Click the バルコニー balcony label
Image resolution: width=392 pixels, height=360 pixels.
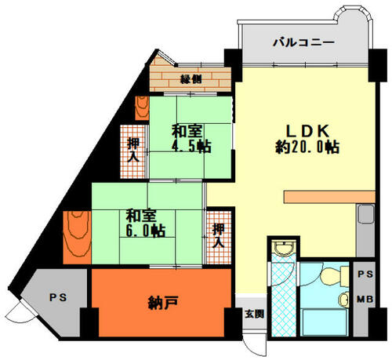303,42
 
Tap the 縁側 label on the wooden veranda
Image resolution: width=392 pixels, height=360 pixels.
191,78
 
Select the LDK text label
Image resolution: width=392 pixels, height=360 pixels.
307,131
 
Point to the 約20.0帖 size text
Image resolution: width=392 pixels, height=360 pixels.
307,147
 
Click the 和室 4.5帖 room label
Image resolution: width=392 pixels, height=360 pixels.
191,139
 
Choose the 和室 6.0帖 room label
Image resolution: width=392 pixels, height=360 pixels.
145,223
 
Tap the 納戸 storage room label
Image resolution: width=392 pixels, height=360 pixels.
163,303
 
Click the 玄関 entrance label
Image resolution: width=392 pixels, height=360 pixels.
254,314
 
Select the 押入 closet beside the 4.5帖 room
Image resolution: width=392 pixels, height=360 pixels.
133,151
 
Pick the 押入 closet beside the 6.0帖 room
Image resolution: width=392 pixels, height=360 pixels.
219,236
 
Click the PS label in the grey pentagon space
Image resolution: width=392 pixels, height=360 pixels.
58,297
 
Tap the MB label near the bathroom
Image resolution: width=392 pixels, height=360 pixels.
365,299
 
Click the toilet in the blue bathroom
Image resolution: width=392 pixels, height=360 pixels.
334,277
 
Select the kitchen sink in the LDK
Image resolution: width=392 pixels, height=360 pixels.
366,214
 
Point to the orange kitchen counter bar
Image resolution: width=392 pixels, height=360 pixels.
329,197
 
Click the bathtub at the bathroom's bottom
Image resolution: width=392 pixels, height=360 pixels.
324,322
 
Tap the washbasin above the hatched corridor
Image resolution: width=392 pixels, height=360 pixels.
283,248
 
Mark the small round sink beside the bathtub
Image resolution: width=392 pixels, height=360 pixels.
343,300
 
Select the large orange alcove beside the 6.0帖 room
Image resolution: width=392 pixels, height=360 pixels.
78,237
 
